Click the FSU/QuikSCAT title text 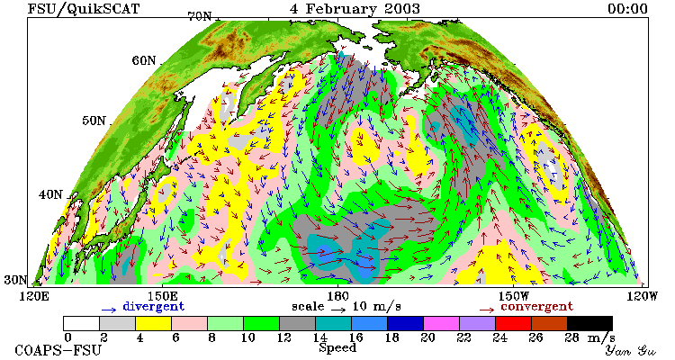pyautogui.click(x=84, y=9)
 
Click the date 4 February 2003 pyautogui.click(x=355, y=9)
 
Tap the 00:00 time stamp pyautogui.click(x=627, y=9)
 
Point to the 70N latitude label pyautogui.click(x=199, y=16)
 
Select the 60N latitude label pyautogui.click(x=143, y=60)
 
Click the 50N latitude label pyautogui.click(x=94, y=121)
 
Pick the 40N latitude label pyautogui.click(x=50, y=194)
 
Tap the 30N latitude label pyautogui.click(x=15, y=280)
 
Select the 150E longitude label pyautogui.click(x=162, y=297)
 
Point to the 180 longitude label pyautogui.click(x=337, y=297)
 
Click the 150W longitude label pyautogui.click(x=513, y=297)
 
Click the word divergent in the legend pyautogui.click(x=154, y=307)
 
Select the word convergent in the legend pyautogui.click(x=536, y=307)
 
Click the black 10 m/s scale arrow pyautogui.click(x=338, y=309)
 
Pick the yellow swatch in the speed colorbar pyautogui.click(x=153, y=324)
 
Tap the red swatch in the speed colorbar pyautogui.click(x=513, y=324)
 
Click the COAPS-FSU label pyautogui.click(x=58, y=350)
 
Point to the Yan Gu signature pyautogui.click(x=631, y=350)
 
